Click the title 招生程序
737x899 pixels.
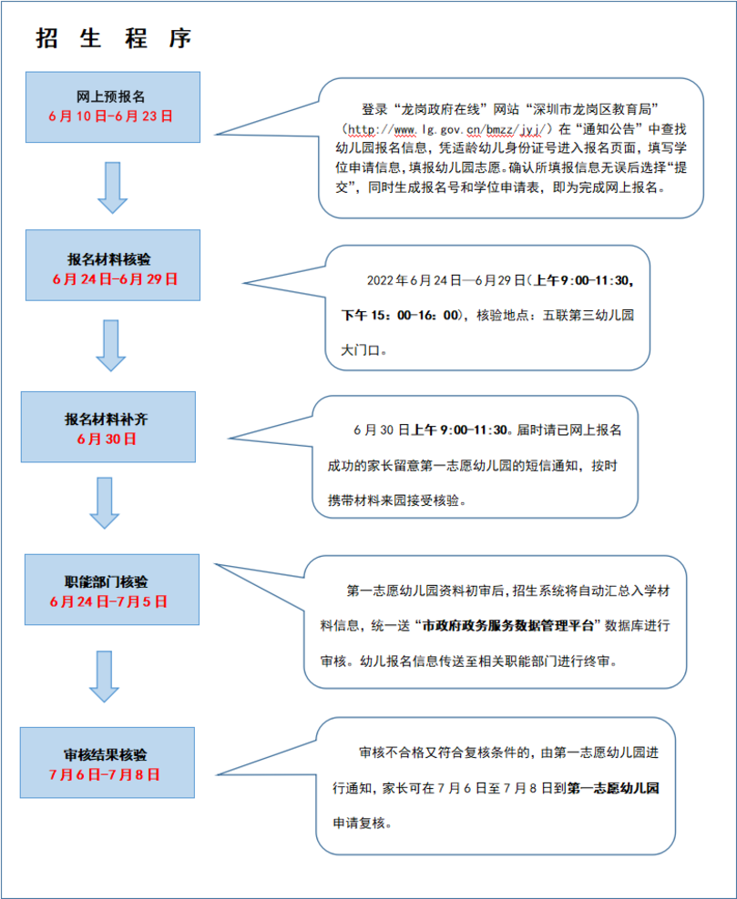coord(114,38)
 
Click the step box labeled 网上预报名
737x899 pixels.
coord(113,107)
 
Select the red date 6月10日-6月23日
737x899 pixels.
coord(111,116)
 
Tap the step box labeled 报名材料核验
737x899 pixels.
coord(113,265)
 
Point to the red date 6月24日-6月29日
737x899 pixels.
coord(115,279)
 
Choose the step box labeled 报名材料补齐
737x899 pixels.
coord(108,427)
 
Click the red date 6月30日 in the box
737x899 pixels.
coord(107,439)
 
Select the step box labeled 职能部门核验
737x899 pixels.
coord(112,590)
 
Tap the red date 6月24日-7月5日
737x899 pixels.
coord(108,602)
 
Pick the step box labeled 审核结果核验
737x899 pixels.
coord(107,763)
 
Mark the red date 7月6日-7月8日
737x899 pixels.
coord(105,774)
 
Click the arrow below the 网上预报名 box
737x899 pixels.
coord(112,187)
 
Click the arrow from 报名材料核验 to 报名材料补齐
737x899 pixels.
coord(110,346)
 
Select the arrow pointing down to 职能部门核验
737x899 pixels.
coord(105,503)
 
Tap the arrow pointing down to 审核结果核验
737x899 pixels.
coord(105,677)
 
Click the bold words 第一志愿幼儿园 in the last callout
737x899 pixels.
coord(613,788)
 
